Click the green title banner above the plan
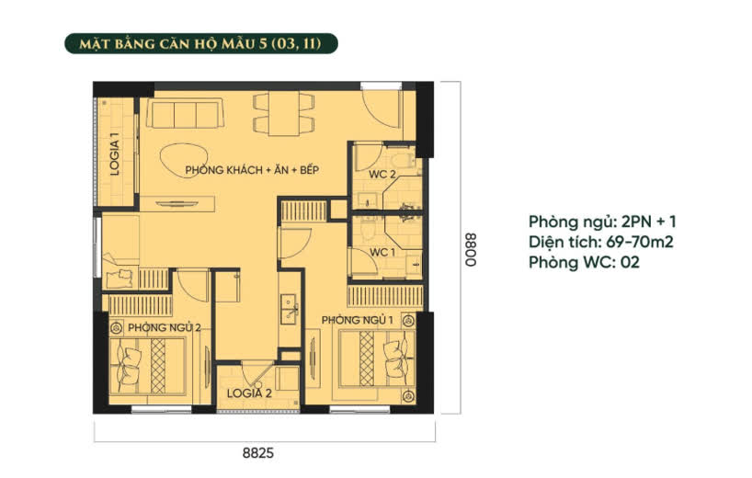click(x=201, y=43)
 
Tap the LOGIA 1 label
click(x=115, y=154)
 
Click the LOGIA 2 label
click(x=249, y=393)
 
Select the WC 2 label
click(x=382, y=175)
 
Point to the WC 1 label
click(x=382, y=252)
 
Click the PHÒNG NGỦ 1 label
click(x=358, y=320)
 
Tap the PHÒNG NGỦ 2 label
click(x=164, y=328)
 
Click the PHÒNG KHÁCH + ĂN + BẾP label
click(x=252, y=170)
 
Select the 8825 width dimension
click(x=258, y=453)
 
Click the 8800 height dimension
click(x=472, y=249)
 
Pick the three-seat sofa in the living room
click(x=185, y=113)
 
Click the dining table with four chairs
click(x=284, y=113)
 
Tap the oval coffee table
click(x=184, y=161)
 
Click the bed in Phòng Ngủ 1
click(x=377, y=358)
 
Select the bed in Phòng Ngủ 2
click(x=148, y=367)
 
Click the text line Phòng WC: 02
click(x=584, y=262)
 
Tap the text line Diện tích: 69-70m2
click(x=601, y=242)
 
